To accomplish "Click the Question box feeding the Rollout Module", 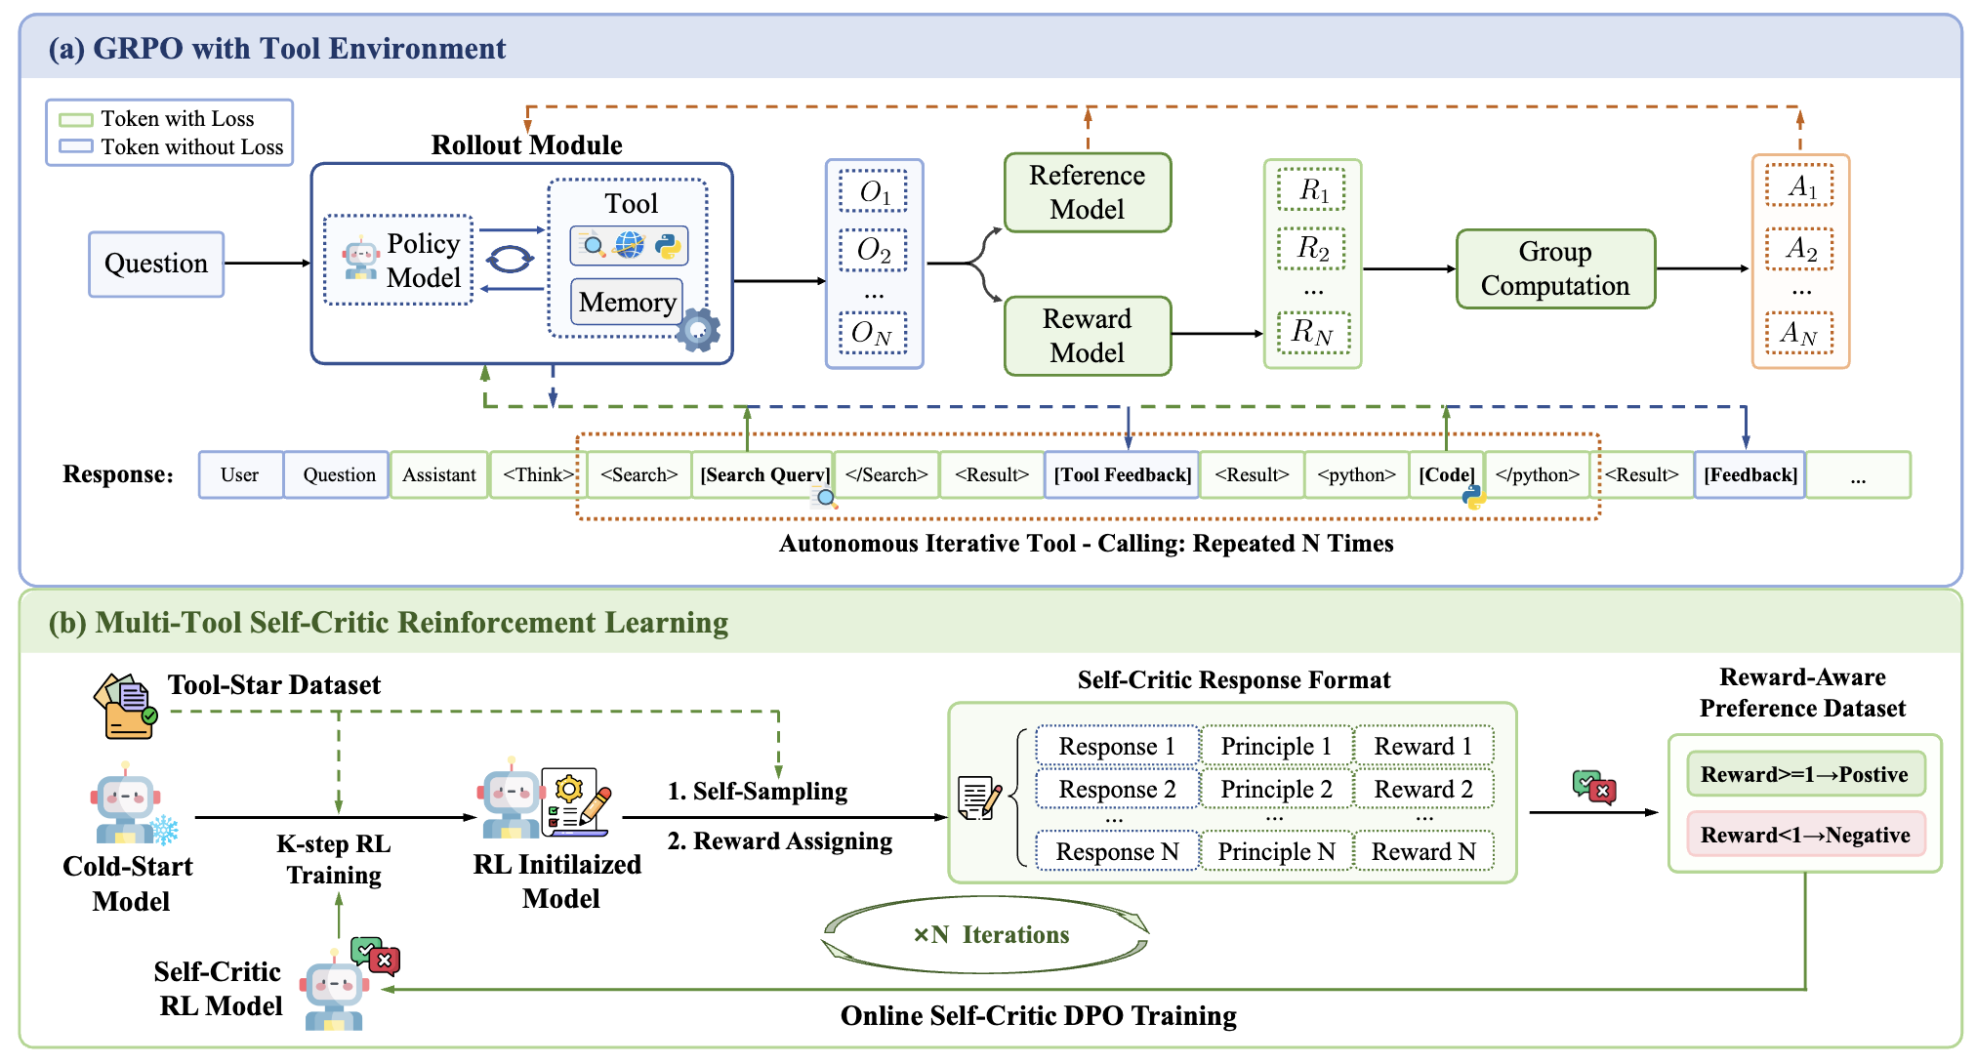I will pyautogui.click(x=156, y=264).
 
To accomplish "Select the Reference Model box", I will pyautogui.click(x=1087, y=192).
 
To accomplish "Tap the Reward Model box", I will pyautogui.click(x=1087, y=336).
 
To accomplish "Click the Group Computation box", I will pyautogui.click(x=1555, y=268).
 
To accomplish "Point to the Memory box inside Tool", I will pyautogui.click(x=627, y=303).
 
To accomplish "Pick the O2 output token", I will pyautogui.click(x=873, y=251).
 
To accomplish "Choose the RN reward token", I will pyautogui.click(x=1312, y=333).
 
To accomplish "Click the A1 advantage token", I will pyautogui.click(x=1799, y=186).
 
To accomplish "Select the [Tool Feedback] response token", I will pyautogui.click(x=1122, y=475).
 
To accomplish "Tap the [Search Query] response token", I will pyautogui.click(x=763, y=475).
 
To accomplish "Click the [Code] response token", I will pyautogui.click(x=1446, y=475).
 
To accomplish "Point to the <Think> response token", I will pyautogui.click(x=537, y=475).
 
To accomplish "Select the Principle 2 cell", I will pyautogui.click(x=1276, y=789).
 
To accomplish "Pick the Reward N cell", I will pyautogui.click(x=1423, y=852).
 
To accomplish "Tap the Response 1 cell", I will pyautogui.click(x=1117, y=747).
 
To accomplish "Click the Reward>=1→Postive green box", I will pyautogui.click(x=1805, y=774).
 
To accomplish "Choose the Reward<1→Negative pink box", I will pyautogui.click(x=1805, y=835).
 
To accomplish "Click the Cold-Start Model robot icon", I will pyautogui.click(x=127, y=806).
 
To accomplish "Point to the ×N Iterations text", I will pyautogui.click(x=991, y=935).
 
